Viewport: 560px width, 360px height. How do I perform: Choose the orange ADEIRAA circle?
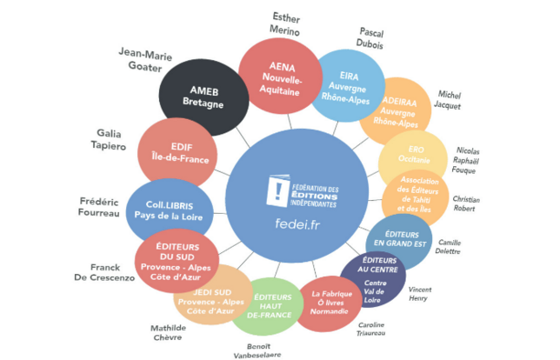point(397,114)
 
